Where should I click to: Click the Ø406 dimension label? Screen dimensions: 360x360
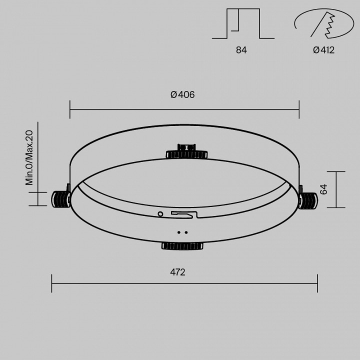[x=182, y=94]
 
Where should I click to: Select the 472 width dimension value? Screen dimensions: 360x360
[x=177, y=272]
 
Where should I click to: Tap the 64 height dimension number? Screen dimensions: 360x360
[x=324, y=189]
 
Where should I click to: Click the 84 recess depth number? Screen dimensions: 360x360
[x=241, y=50]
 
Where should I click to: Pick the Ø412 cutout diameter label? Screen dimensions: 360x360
[x=323, y=50]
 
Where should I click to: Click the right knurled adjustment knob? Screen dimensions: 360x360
[x=307, y=200]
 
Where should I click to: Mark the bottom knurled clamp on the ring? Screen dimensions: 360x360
[x=182, y=245]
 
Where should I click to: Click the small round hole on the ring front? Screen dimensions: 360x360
[x=160, y=214]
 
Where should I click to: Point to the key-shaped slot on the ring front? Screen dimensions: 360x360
[x=183, y=214]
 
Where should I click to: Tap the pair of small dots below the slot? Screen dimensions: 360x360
[x=182, y=232]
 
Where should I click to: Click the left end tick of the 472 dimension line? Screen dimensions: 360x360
[x=52, y=283]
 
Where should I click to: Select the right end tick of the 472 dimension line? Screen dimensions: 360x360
[x=317, y=283]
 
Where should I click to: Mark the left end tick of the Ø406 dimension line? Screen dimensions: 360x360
[x=70, y=108]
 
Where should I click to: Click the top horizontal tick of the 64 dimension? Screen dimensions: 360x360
[x=337, y=171]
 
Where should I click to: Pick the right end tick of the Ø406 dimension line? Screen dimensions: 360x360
[x=299, y=108]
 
